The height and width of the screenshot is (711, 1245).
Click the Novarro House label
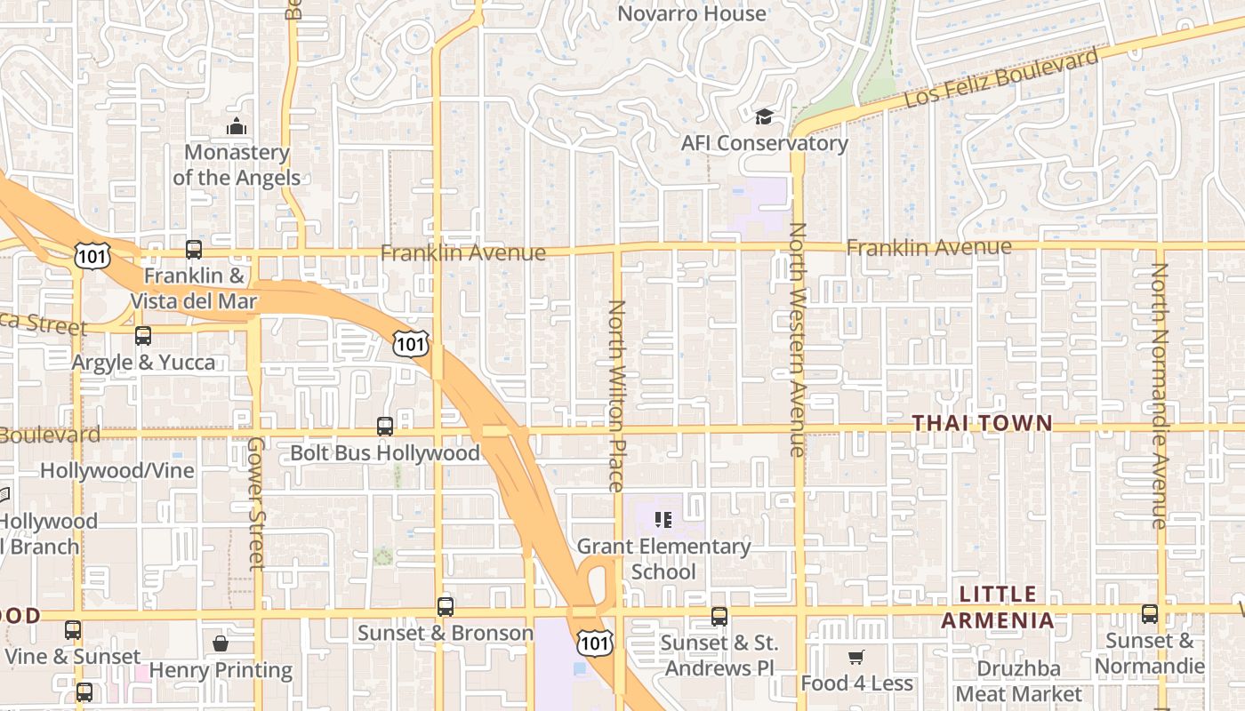click(x=691, y=13)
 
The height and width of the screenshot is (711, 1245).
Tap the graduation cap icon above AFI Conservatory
click(x=764, y=117)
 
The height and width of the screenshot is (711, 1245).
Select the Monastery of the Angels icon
click(x=236, y=127)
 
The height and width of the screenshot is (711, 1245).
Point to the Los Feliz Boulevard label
click(x=1000, y=78)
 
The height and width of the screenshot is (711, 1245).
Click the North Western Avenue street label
click(x=797, y=340)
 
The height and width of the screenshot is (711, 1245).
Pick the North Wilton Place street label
click(x=616, y=395)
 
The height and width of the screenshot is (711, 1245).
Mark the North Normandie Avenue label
click(x=1159, y=395)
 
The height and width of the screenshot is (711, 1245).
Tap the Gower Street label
click(x=256, y=503)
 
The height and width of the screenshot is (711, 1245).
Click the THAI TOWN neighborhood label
click(x=983, y=424)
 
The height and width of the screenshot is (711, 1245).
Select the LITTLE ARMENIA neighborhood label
click(x=998, y=607)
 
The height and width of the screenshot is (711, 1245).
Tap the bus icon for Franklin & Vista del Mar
click(x=194, y=250)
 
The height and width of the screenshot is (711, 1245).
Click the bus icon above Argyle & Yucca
click(x=143, y=336)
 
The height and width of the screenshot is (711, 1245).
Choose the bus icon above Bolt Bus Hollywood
click(x=385, y=427)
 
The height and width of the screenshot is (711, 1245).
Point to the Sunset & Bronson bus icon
click(x=446, y=607)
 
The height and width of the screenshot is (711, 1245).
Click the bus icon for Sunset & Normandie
click(x=1150, y=614)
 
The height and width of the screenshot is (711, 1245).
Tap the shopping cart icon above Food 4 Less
click(x=855, y=658)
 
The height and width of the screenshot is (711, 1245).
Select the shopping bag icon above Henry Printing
click(x=221, y=643)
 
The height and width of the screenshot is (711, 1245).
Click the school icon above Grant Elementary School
click(x=663, y=519)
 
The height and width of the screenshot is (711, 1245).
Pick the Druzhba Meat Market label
click(x=1019, y=682)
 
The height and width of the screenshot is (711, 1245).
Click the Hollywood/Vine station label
click(x=116, y=470)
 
